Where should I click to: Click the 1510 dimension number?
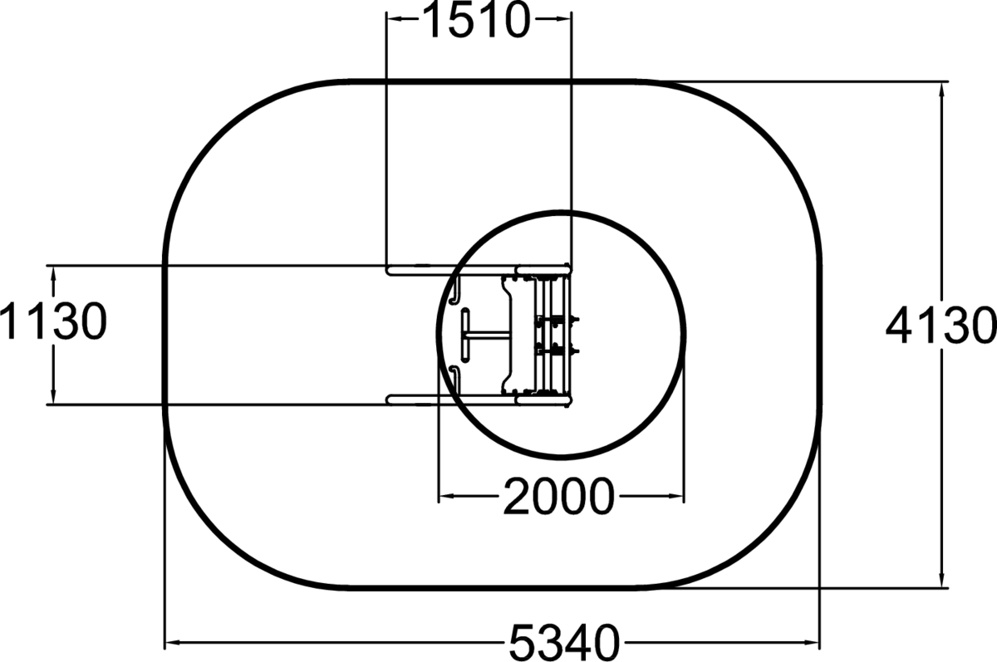(476, 20)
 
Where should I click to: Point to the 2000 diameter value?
(559, 496)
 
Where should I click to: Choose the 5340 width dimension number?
(564, 642)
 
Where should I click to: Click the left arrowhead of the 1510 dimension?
(395, 18)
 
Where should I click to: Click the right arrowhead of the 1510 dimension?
(563, 18)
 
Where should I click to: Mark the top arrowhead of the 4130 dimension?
(941, 90)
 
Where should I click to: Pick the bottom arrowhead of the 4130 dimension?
(941, 580)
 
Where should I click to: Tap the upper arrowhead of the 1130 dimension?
(53, 273)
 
